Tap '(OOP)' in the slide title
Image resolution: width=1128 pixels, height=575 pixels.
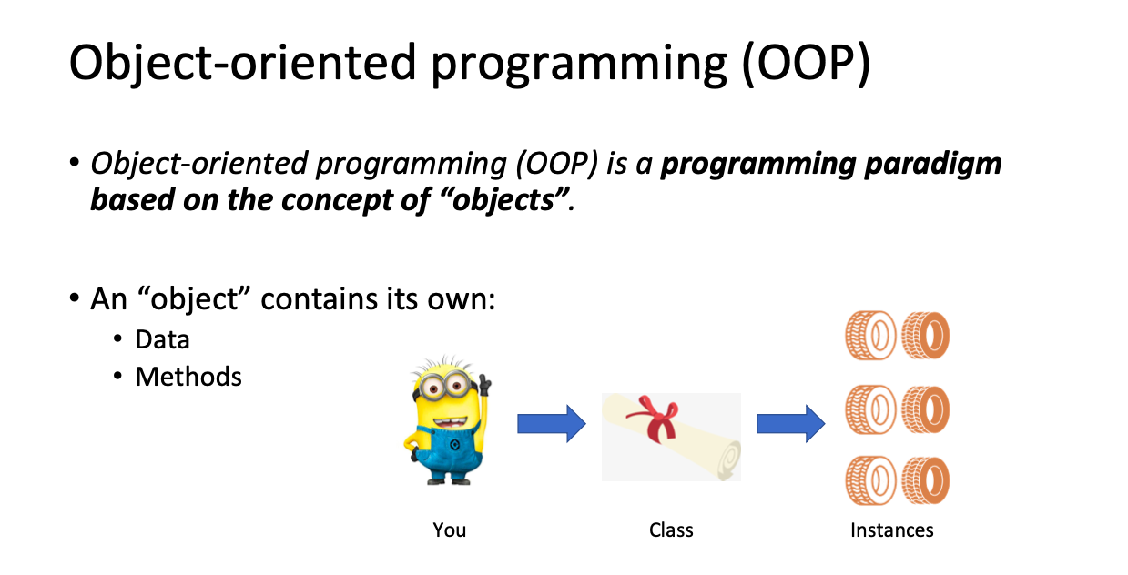click(807, 63)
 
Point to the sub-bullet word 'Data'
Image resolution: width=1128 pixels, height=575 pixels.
click(162, 339)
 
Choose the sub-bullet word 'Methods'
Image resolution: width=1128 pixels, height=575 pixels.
click(188, 377)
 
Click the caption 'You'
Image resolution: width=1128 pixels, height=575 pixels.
click(449, 530)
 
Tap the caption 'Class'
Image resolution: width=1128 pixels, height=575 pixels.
click(671, 530)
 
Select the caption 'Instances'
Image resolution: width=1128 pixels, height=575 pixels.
click(892, 530)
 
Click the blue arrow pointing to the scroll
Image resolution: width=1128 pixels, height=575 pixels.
click(552, 423)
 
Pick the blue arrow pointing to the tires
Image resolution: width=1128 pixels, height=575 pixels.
click(790, 423)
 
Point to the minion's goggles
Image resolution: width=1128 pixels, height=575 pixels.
click(444, 386)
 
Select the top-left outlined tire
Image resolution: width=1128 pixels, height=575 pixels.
click(870, 335)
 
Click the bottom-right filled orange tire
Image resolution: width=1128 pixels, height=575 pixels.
click(925, 479)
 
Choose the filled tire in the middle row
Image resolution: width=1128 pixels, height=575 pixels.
click(925, 409)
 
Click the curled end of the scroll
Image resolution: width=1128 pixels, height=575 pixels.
click(728, 460)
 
